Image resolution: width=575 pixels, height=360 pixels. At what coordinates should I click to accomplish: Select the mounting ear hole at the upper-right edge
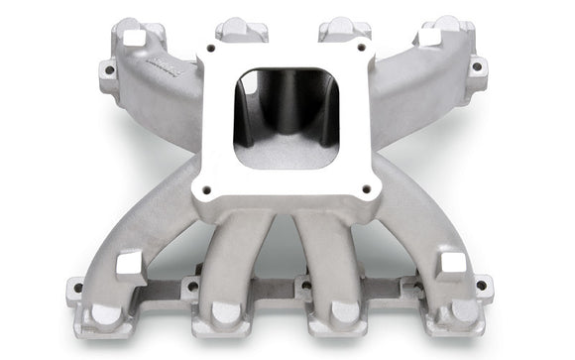pyautogui.click(x=476, y=68)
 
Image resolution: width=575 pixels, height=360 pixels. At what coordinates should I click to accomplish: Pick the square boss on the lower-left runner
pyautogui.click(x=130, y=264)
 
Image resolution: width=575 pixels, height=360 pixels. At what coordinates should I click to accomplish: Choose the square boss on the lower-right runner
pyautogui.click(x=451, y=263)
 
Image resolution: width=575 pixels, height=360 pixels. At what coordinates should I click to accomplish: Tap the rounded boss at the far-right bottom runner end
pyautogui.click(x=460, y=313)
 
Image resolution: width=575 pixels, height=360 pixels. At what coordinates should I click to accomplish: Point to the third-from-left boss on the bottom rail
pyautogui.click(x=343, y=313)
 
